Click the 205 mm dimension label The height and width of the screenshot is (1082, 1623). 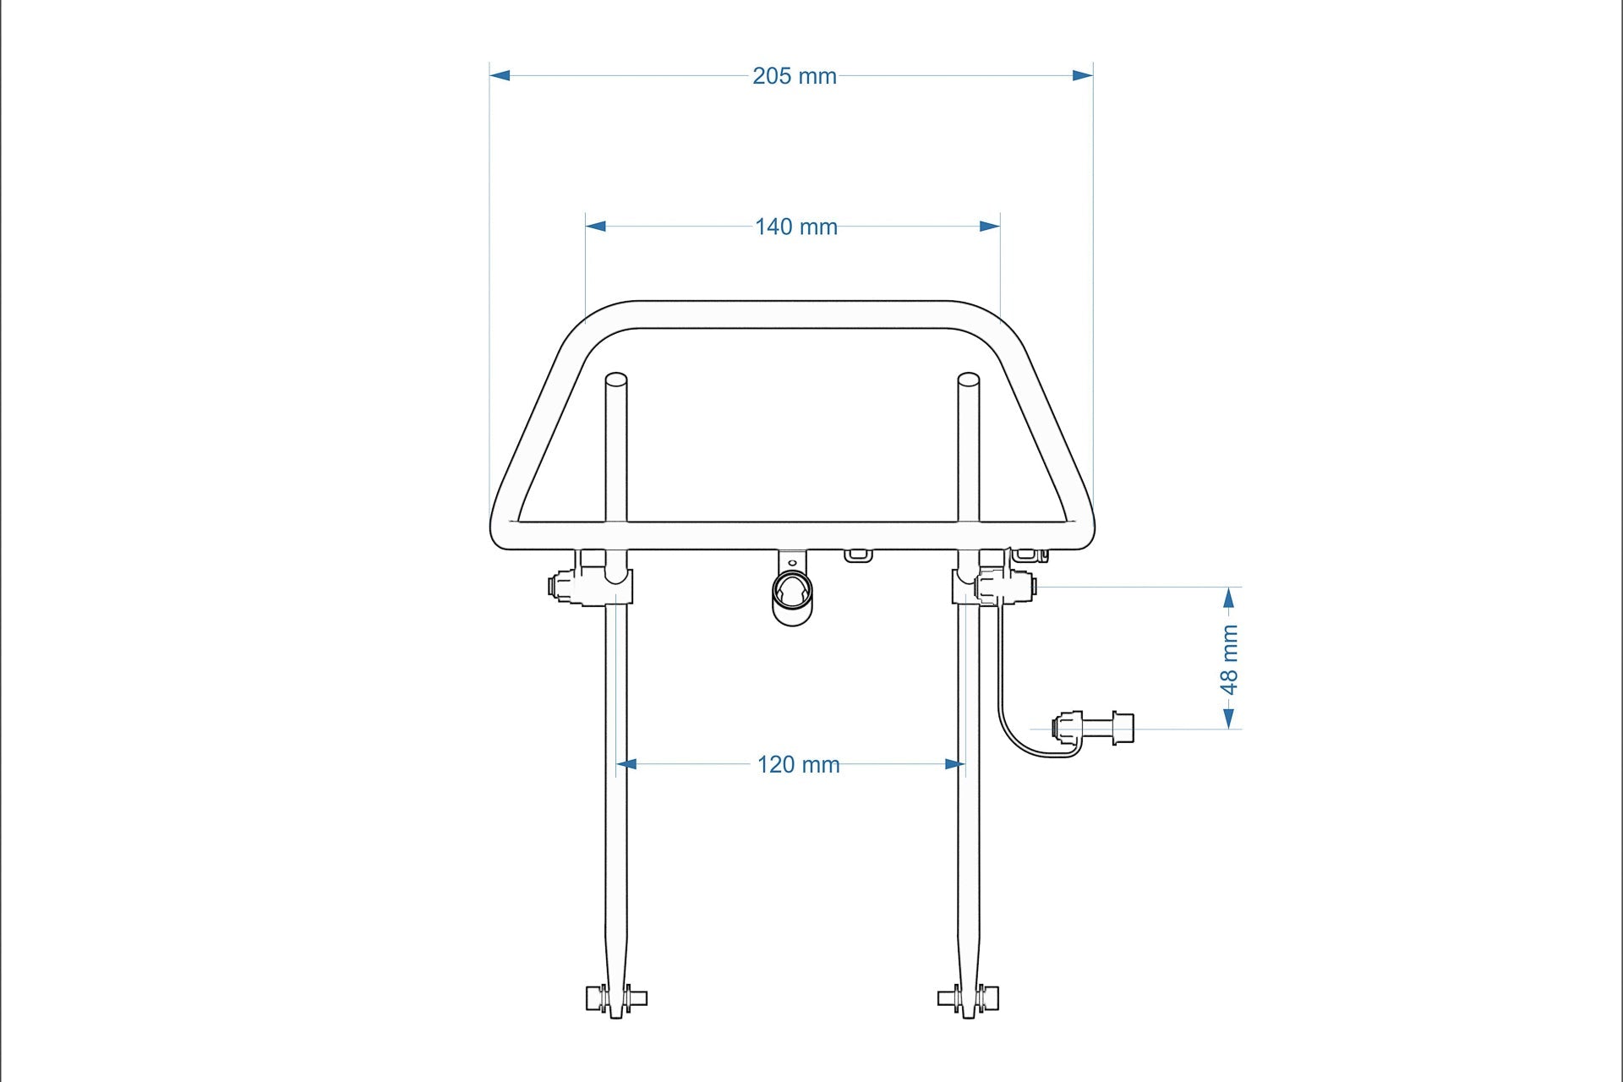click(794, 76)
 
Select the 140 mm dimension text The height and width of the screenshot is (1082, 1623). click(795, 227)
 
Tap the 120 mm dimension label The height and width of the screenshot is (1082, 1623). click(798, 765)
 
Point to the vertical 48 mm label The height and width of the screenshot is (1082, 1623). click(1230, 659)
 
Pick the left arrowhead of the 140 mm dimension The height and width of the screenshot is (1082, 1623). click(596, 226)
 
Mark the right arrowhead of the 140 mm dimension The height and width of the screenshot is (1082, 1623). click(989, 226)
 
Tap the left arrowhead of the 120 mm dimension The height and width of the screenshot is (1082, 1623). click(626, 764)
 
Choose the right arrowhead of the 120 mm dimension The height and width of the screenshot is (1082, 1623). click(954, 764)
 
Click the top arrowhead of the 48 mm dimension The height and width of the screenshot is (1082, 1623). click(1229, 598)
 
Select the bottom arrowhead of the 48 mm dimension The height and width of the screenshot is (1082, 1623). click(1229, 718)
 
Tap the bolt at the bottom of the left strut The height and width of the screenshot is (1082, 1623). click(616, 998)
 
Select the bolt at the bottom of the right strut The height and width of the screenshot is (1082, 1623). click(969, 998)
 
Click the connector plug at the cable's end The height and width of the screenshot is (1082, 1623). click(1092, 727)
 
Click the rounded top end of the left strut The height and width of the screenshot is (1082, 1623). click(616, 380)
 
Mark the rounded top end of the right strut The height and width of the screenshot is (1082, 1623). click(968, 380)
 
